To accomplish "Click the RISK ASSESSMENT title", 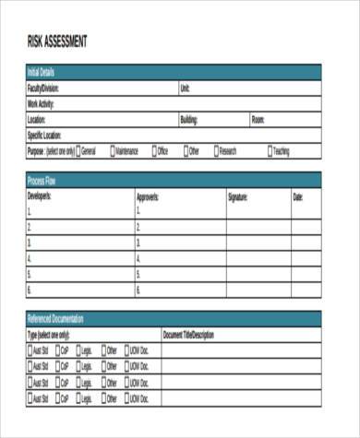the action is pos(57,41).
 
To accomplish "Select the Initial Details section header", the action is pos(42,72).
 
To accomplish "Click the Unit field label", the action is pos(186,89).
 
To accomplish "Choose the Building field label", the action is pos(189,120).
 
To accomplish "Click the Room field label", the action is pos(258,120).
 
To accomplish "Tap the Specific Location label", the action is pos(47,136).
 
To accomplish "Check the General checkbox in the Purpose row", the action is pos(78,151).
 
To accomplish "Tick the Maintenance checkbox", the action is pos(112,151).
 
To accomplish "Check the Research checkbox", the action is pos(216,151).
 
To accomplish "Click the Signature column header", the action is pos(238,196).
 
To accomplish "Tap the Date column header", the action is pos(298,196).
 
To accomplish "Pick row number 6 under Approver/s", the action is pos(138,290).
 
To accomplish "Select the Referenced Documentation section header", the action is pos(55,319).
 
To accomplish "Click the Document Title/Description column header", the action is pos(188,335).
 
